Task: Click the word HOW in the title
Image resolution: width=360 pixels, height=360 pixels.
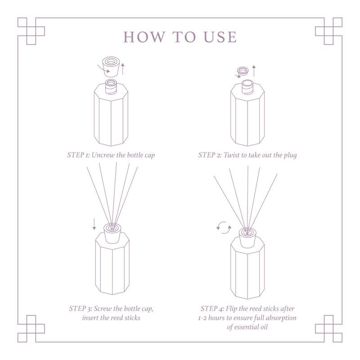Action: tap(140, 37)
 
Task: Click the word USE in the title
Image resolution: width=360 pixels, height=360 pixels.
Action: tap(220, 37)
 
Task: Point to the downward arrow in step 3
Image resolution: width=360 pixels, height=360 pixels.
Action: tap(94, 223)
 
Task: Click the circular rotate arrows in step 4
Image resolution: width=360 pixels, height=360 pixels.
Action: tap(224, 226)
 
